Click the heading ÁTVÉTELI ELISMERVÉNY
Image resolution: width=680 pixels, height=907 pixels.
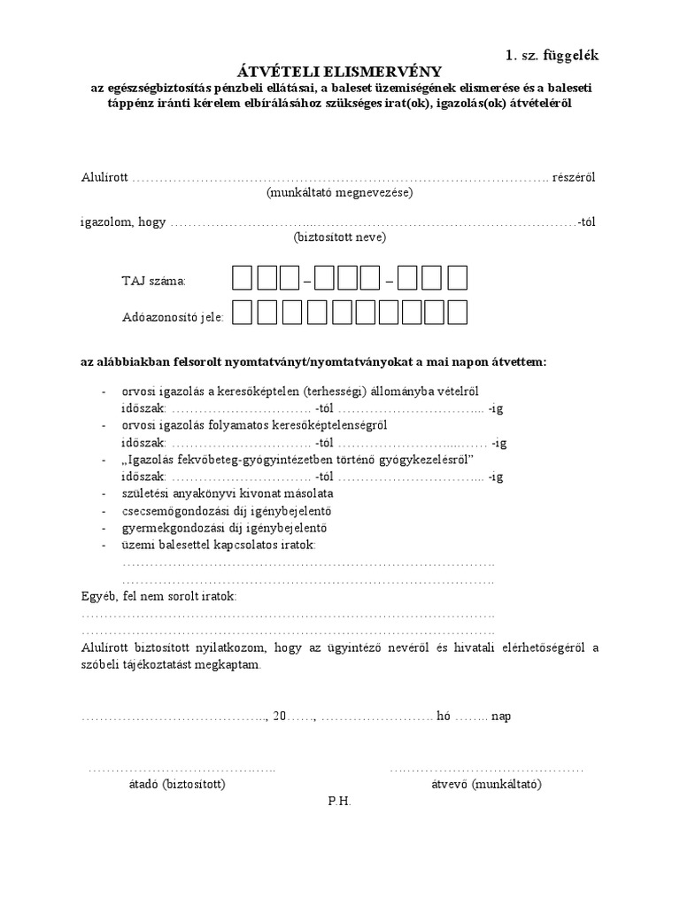pyautogui.click(x=340, y=71)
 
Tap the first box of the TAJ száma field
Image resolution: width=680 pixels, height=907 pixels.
pyautogui.click(x=242, y=279)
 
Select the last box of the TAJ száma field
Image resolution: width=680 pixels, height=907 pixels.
pyautogui.click(x=457, y=279)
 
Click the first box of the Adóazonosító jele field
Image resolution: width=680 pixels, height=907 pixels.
pyautogui.click(x=242, y=314)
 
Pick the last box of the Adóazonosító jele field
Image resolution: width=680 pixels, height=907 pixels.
pyautogui.click(x=457, y=314)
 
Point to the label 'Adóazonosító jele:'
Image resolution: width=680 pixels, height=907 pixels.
pyautogui.click(x=173, y=316)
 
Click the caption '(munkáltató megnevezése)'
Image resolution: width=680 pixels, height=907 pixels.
pyautogui.click(x=340, y=192)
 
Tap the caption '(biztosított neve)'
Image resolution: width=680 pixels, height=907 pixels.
pyautogui.click(x=340, y=237)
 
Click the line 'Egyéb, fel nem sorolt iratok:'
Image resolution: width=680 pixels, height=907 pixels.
pyautogui.click(x=159, y=597)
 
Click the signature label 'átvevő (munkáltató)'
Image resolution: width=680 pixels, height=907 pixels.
pyautogui.click(x=486, y=784)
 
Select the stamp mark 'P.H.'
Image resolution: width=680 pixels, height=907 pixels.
pyautogui.click(x=340, y=801)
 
